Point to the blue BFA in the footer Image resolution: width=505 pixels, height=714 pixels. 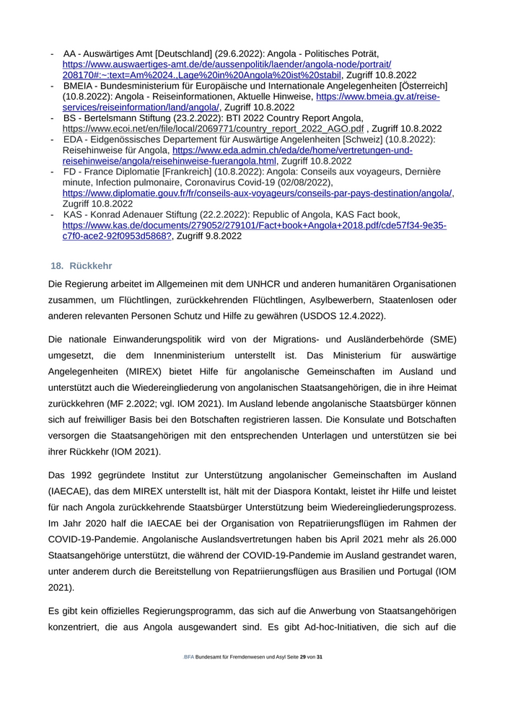click(x=189, y=658)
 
